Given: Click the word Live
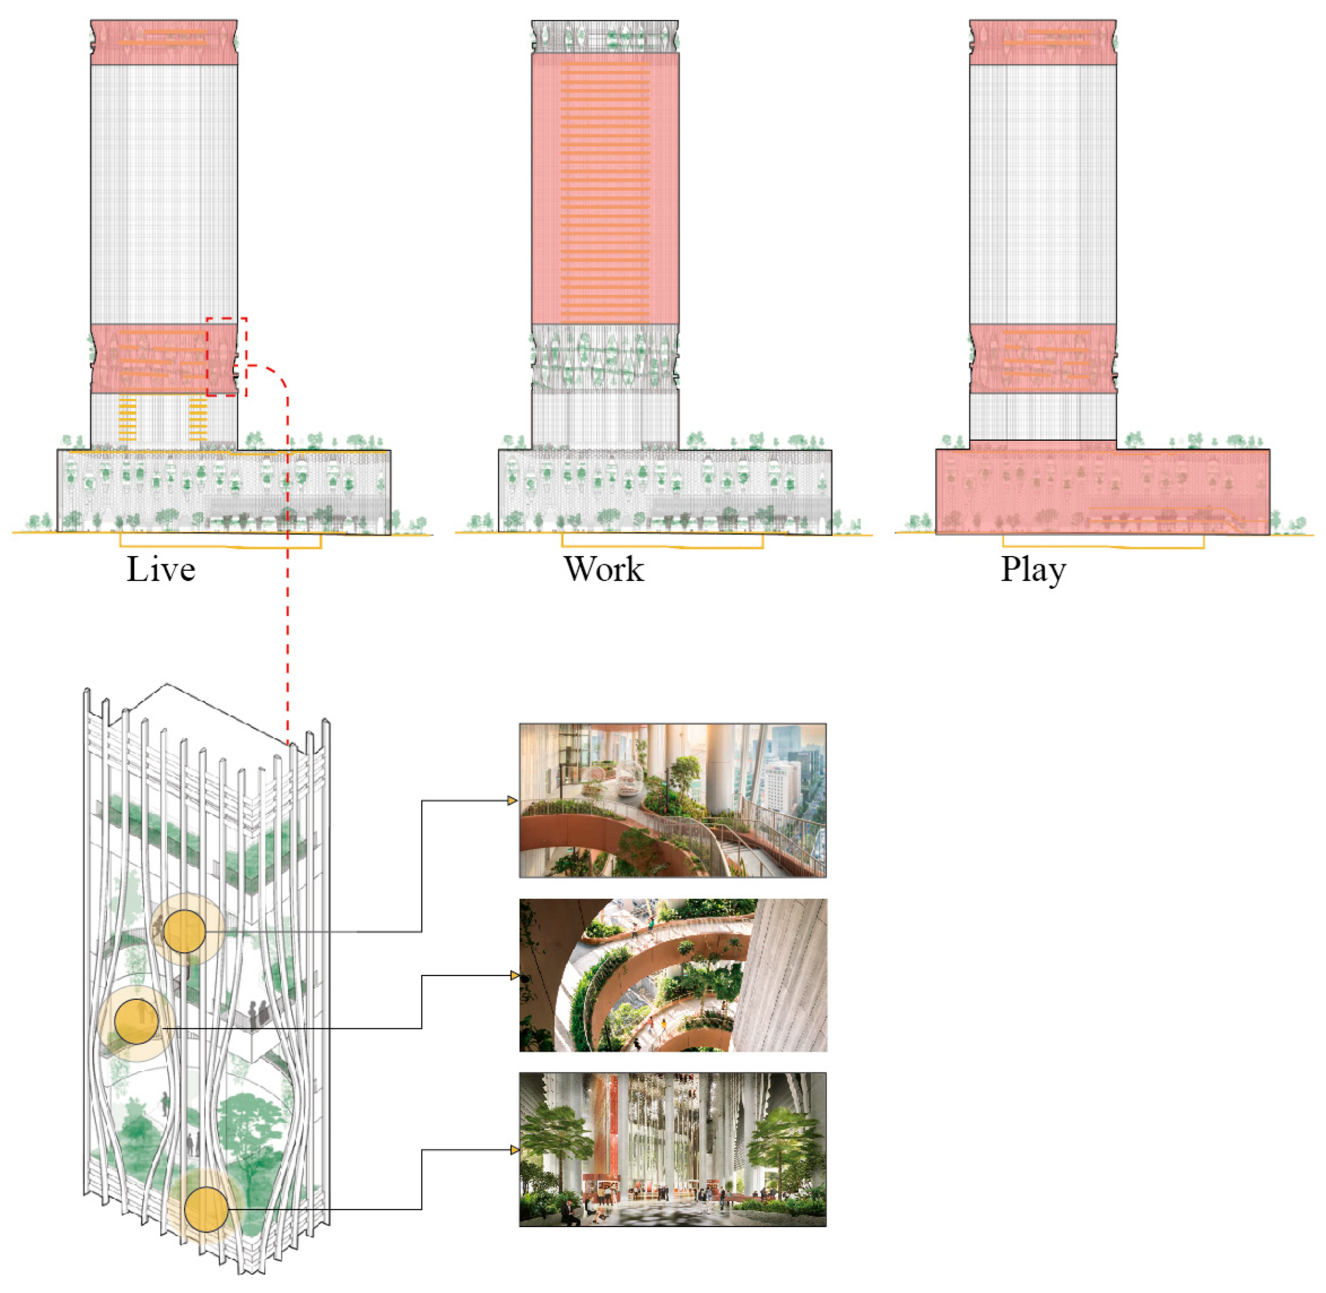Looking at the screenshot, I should point(161,569).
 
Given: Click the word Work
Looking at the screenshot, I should point(603,569).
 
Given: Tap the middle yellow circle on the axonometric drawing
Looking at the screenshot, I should point(136,1021).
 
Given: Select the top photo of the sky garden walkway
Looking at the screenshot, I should point(672,800).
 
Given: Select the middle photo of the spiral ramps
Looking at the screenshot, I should point(672,975).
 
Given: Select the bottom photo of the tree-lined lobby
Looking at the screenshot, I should point(672,1149).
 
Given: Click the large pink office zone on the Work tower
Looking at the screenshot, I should point(604,188).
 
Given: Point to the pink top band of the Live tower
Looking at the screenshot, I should point(164,42).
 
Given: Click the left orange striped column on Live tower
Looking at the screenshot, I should point(127,419).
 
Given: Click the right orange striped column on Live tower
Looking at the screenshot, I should point(198,419).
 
